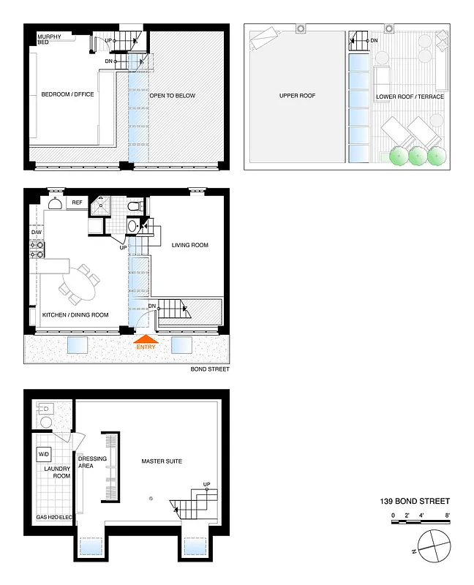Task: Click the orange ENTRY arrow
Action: pyautogui.click(x=146, y=339)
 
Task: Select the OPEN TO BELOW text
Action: pyautogui.click(x=172, y=95)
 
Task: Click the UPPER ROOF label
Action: pyautogui.click(x=297, y=96)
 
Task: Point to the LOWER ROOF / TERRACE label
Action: pyautogui.click(x=410, y=97)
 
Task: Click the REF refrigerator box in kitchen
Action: pyautogui.click(x=76, y=203)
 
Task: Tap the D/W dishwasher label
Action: pyautogui.click(x=36, y=233)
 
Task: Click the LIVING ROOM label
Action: pyautogui.click(x=189, y=245)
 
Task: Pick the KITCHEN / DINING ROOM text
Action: pyautogui.click(x=75, y=314)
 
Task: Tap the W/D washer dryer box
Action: pyautogui.click(x=43, y=454)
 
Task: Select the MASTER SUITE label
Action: pyautogui.click(x=162, y=461)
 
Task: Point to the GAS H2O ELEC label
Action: pyautogui.click(x=53, y=517)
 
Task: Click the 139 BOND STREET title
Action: pyautogui.click(x=414, y=501)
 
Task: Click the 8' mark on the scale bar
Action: pyautogui.click(x=447, y=516)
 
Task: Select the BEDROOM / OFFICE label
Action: pyautogui.click(x=67, y=94)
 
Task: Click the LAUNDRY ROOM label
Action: pyautogui.click(x=56, y=472)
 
